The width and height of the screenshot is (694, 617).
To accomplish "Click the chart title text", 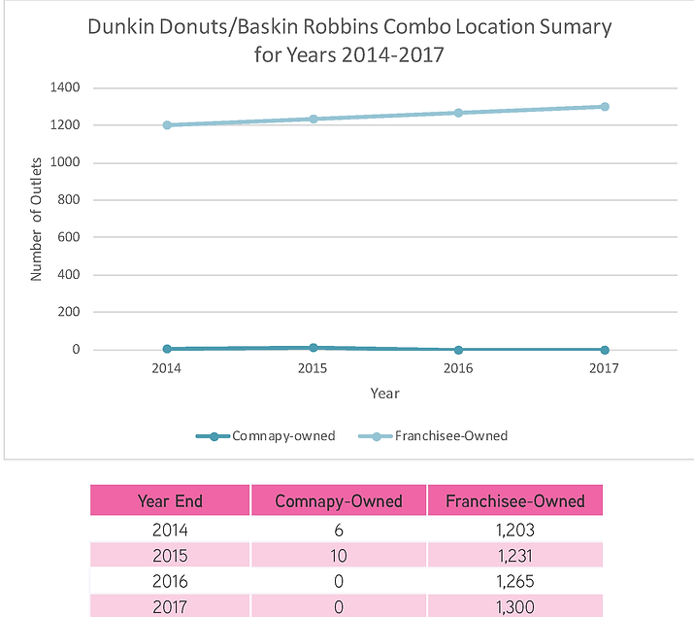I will tap(349, 41).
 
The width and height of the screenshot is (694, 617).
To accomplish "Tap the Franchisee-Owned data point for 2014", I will tap(167, 125).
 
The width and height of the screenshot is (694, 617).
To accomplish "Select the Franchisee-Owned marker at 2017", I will tap(604, 107).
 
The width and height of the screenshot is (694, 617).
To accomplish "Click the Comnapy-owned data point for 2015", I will tap(313, 347).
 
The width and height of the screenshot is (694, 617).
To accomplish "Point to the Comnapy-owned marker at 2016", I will tap(458, 350).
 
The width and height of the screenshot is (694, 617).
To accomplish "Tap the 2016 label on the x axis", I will tap(458, 369).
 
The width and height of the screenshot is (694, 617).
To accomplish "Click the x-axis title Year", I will tap(384, 394).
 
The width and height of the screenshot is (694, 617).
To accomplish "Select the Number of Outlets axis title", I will tap(37, 219).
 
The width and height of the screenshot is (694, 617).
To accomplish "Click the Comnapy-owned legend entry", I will tap(265, 436).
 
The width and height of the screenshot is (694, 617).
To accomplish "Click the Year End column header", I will tap(170, 501).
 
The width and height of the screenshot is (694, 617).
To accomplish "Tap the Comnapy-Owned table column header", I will tap(339, 501).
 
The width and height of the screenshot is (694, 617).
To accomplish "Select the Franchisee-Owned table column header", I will tap(514, 501).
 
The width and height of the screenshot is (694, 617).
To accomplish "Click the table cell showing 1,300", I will tap(514, 606).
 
